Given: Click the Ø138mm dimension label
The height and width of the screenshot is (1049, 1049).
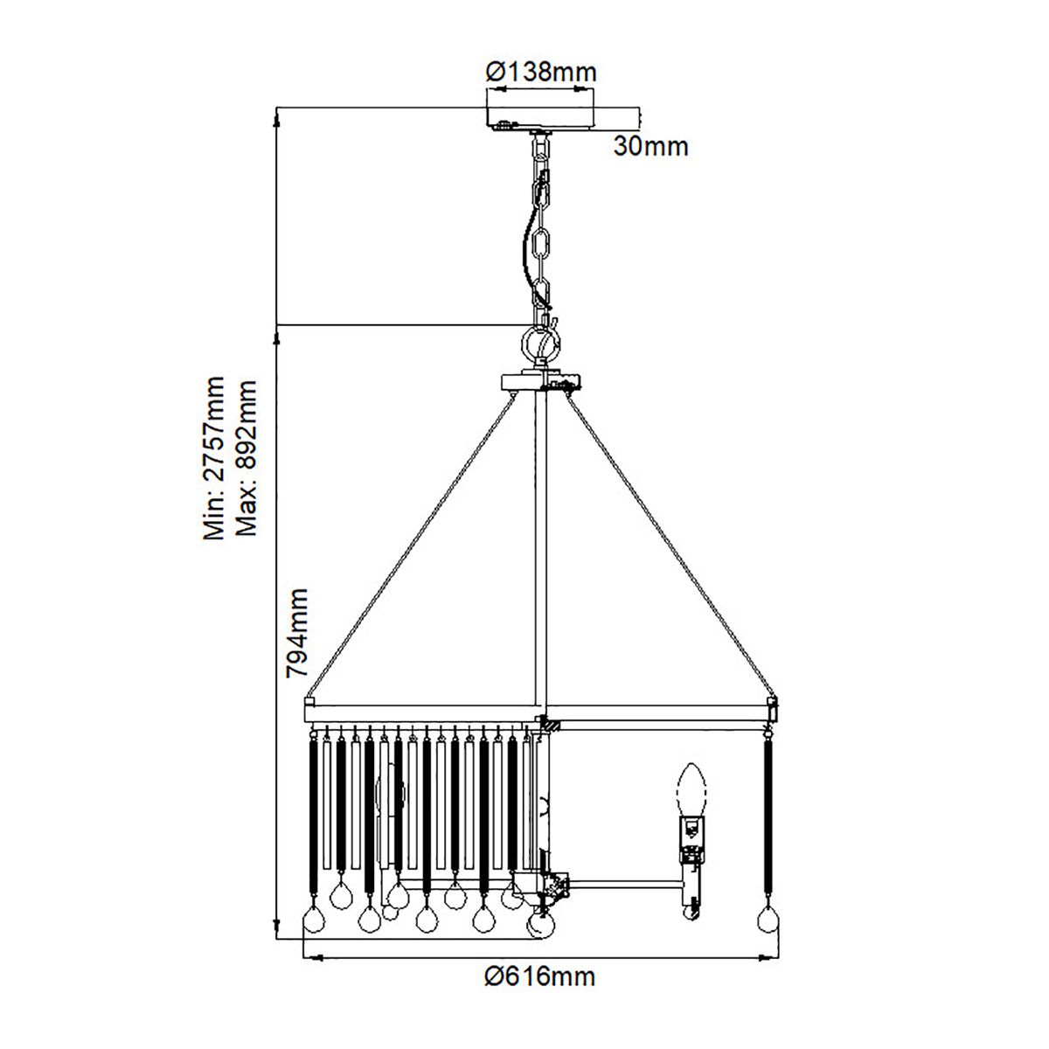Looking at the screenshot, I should (541, 72).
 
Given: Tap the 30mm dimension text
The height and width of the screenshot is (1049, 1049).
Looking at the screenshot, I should (650, 146).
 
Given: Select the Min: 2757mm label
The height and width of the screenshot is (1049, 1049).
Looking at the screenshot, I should (214, 459).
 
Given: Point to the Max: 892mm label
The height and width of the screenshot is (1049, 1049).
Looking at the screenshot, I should (246, 459).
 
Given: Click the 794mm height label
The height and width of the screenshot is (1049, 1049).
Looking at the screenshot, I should (298, 633).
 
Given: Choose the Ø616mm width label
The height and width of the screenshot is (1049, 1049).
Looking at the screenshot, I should (540, 976).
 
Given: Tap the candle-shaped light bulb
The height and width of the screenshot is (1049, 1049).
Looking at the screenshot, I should (691, 788).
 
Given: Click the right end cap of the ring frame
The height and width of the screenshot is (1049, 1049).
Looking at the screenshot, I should (772, 701).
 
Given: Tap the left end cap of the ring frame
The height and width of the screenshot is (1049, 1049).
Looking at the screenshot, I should (309, 701).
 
